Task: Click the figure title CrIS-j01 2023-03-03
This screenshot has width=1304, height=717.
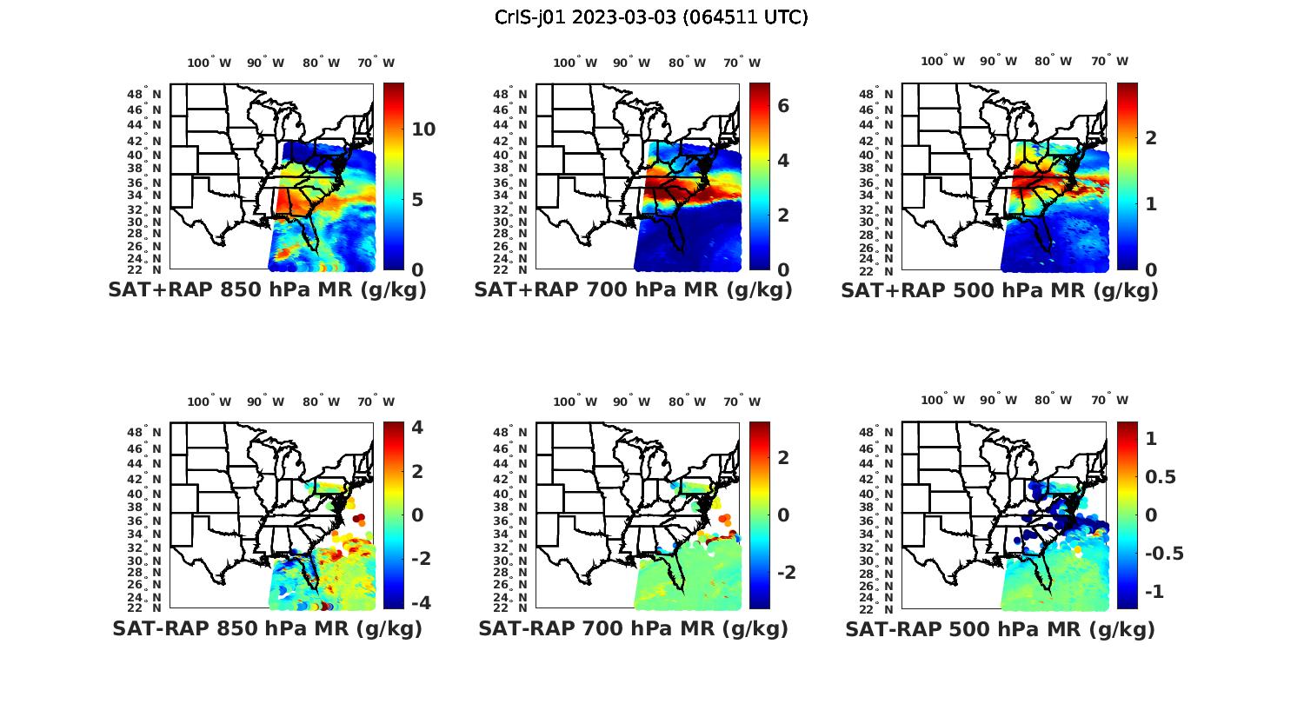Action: pos(651,17)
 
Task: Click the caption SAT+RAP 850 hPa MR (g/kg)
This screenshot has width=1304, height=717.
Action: pos(267,290)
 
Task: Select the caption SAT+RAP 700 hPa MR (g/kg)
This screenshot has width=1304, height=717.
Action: pos(633,290)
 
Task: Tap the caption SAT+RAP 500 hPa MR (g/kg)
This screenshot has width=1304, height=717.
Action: pos(999,290)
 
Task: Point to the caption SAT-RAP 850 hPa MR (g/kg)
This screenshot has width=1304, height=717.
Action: pos(267,628)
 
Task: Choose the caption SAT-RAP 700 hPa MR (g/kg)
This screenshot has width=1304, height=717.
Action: pos(633,628)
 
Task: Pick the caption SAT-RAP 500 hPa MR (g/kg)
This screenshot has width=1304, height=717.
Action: pos(1000,628)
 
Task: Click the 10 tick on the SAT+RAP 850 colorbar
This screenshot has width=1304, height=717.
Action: pos(423,129)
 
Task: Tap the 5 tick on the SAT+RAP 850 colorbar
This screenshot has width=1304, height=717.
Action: pos(417,200)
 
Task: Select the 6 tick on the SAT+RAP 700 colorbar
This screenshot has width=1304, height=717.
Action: pos(783,105)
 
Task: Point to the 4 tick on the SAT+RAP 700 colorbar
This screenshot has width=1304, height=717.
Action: pos(783,160)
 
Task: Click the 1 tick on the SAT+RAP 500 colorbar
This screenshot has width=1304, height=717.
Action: pos(1151,203)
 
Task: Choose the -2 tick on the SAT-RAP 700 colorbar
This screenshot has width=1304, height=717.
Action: pos(785,572)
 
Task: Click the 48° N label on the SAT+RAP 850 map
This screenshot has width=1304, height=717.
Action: pos(144,94)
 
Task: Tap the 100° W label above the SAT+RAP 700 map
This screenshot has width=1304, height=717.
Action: pos(575,63)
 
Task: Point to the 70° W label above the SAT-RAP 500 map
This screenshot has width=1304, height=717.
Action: pos(1110,400)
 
